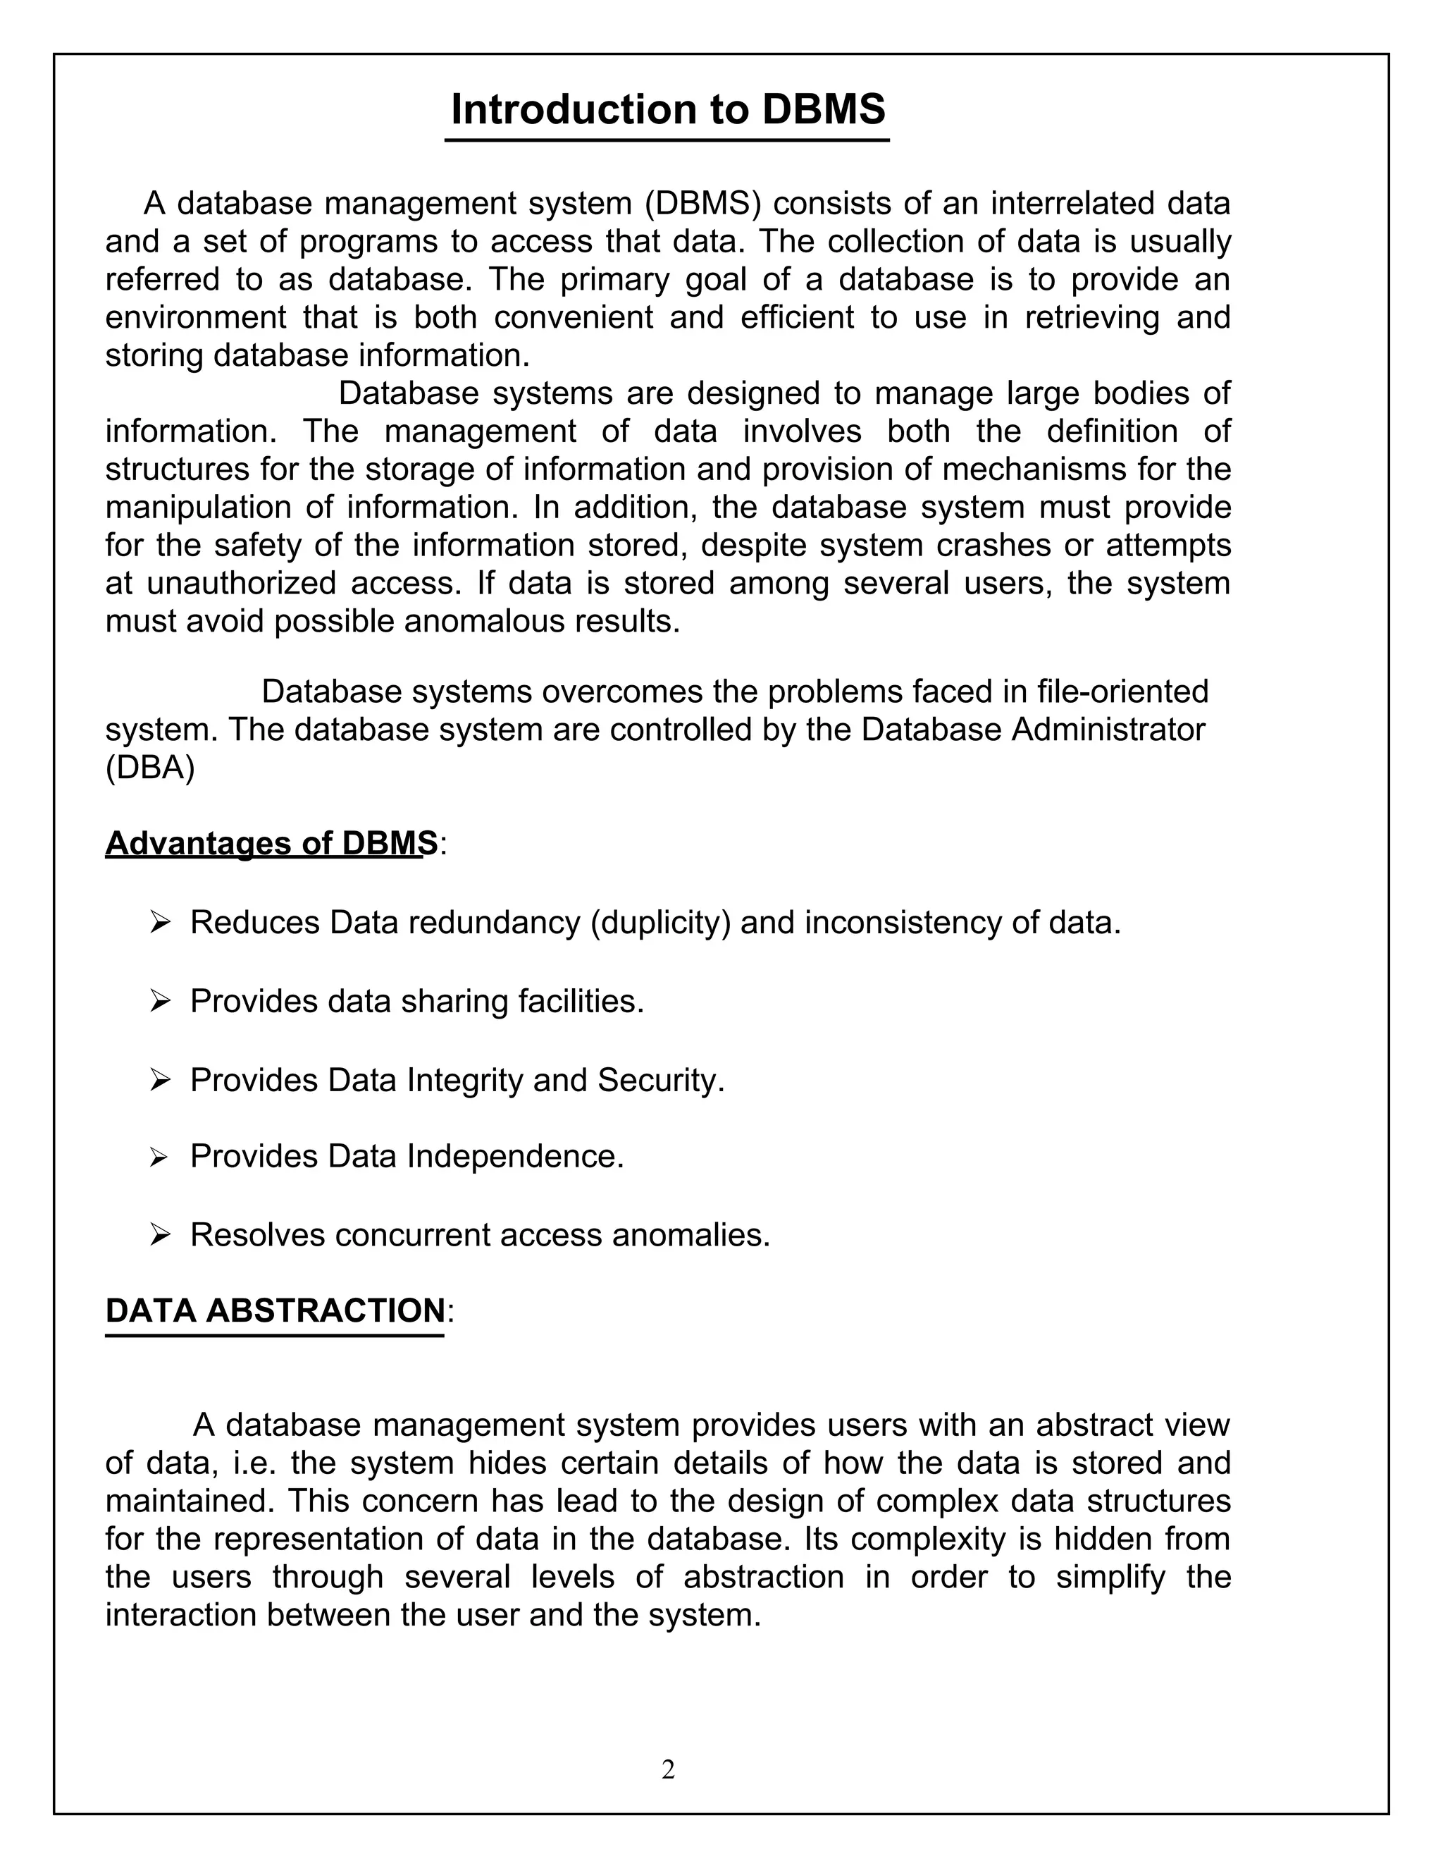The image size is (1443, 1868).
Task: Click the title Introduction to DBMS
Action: (668, 109)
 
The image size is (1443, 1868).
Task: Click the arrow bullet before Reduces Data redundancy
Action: (160, 923)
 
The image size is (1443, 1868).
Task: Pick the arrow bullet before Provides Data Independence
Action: (159, 1157)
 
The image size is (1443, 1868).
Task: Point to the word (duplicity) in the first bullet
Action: (660, 923)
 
